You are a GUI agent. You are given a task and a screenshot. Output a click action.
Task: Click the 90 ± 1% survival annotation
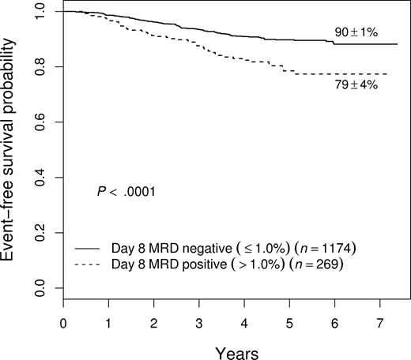coord(351,35)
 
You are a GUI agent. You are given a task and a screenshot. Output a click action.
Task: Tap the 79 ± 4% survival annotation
coord(351,85)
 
